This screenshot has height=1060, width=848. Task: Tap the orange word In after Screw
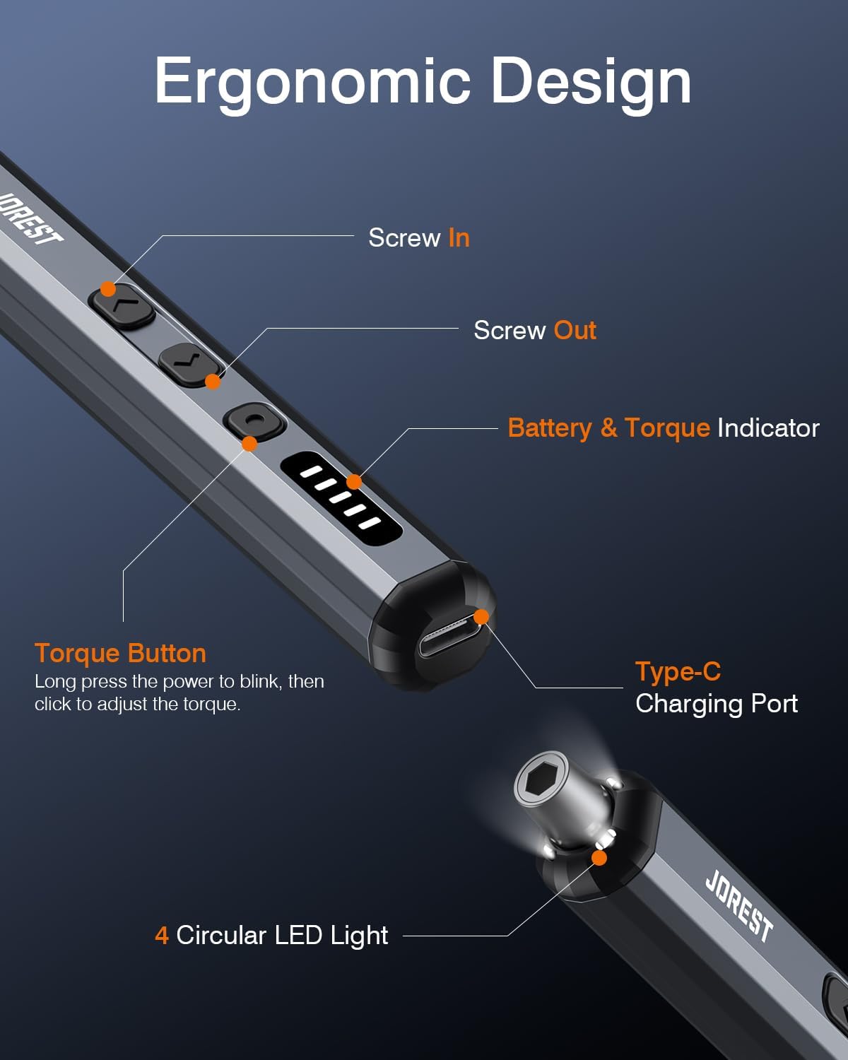point(459,238)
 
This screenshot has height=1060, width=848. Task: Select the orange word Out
point(575,330)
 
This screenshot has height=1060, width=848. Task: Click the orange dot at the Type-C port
point(481,617)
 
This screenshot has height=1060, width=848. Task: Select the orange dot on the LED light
point(599,858)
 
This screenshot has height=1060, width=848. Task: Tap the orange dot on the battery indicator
point(354,481)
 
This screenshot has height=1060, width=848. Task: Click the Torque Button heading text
point(120,653)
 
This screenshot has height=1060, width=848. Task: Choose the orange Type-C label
point(678,671)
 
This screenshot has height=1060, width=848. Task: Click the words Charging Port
point(716,704)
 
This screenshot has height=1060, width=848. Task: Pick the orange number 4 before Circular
point(161,936)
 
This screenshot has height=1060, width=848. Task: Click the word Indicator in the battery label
point(768,428)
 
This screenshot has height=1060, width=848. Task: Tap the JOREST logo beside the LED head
point(739,905)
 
